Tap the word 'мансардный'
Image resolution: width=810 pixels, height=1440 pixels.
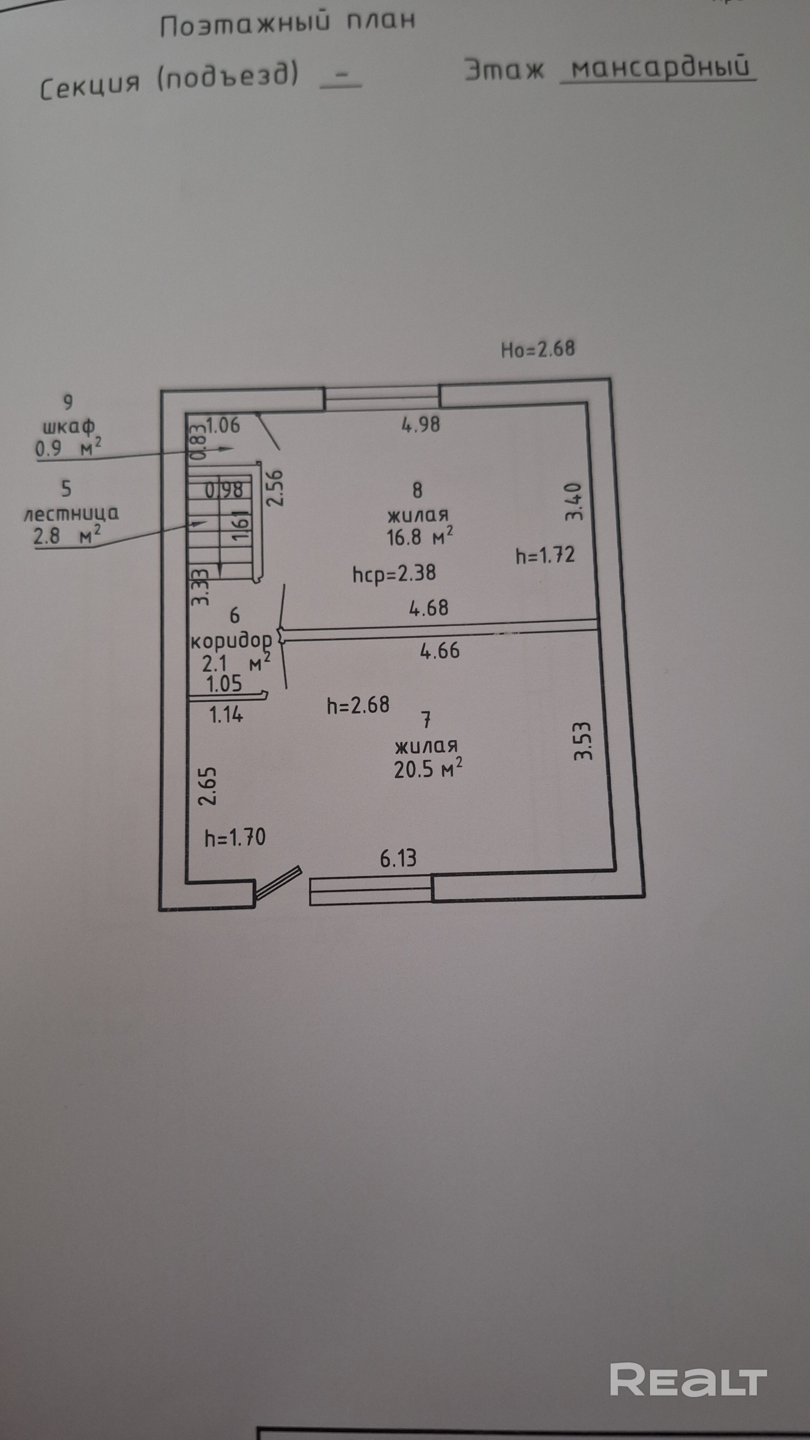659,67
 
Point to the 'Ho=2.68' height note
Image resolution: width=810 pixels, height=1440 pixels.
537,349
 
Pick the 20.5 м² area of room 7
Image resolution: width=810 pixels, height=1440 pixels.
427,769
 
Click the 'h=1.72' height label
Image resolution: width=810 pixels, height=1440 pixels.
545,555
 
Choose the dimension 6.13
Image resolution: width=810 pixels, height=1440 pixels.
398,858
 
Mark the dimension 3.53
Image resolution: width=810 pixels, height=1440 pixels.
583,741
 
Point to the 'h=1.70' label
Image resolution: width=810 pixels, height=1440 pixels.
235,838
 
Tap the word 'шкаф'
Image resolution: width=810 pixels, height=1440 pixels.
69,427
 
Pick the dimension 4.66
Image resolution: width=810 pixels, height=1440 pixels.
440,651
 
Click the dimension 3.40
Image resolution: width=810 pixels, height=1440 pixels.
574,502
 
